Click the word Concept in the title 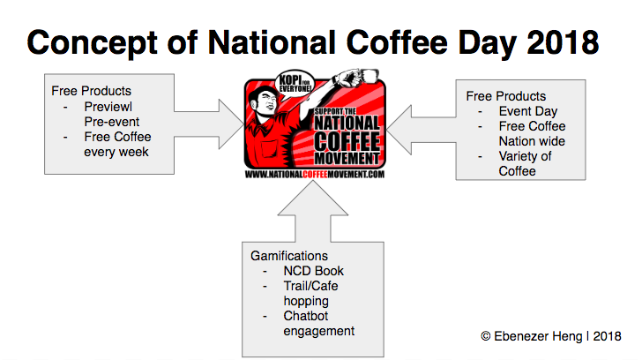[92, 43]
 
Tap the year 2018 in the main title [563, 42]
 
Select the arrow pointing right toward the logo [209, 124]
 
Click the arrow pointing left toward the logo [421, 130]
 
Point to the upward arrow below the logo [313, 211]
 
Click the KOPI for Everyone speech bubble [295, 84]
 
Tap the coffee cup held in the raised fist [369, 76]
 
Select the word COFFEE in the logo [347, 141]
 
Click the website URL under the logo [315, 175]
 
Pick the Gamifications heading [289, 256]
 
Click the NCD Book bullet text [314, 271]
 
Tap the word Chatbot [306, 316]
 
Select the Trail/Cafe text [310, 286]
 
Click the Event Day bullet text [528, 111]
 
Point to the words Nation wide [532, 141]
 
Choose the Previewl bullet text [108, 107]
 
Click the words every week [116, 152]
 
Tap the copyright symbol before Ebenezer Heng [486, 336]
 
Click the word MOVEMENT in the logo [347, 159]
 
